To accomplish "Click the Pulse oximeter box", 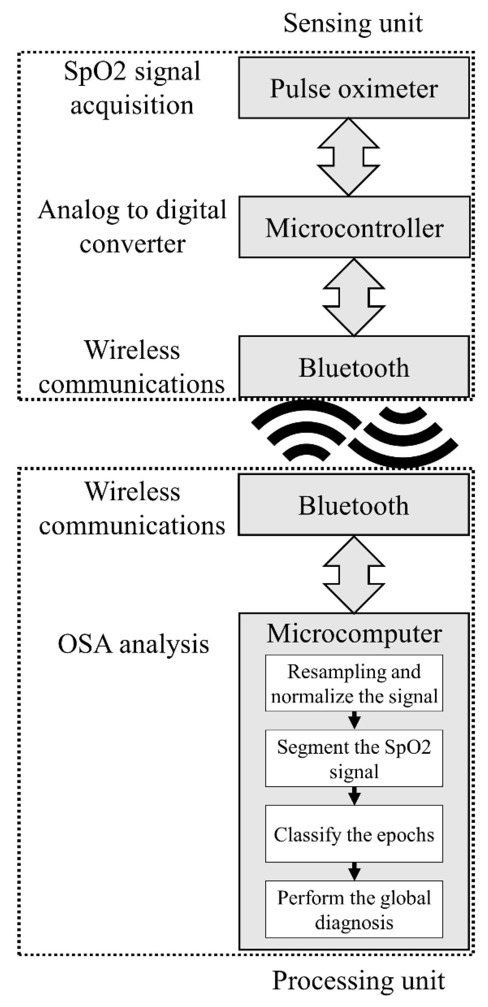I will [354, 88].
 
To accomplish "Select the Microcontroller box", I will [354, 227].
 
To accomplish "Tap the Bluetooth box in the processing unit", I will [354, 505].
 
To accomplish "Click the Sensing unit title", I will [353, 24].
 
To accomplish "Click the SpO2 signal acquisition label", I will [132, 88].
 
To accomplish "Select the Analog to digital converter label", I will [132, 227].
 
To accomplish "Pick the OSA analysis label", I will [133, 644].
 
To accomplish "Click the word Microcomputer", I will [354, 633].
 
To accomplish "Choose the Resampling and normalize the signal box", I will [354, 683].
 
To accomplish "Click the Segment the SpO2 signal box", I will [354, 758].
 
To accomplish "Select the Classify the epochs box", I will [354, 834].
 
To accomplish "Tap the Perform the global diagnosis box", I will [354, 909].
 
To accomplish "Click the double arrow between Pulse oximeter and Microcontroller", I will [348, 157].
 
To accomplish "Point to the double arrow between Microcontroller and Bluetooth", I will [354, 297].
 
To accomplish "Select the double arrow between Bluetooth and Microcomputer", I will [354, 574].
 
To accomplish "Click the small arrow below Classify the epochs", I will [354, 871].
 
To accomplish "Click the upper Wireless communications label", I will [132, 367].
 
